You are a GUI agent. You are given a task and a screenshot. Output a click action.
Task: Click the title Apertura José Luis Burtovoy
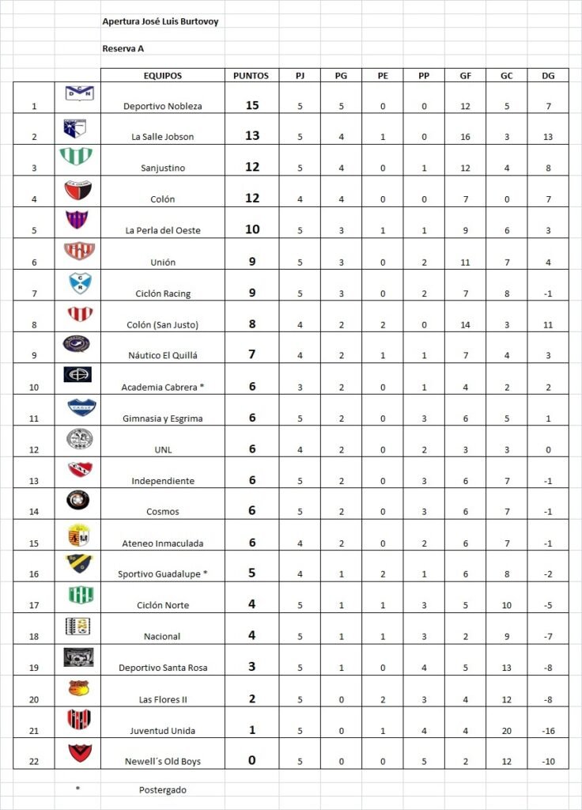pyautogui.click(x=161, y=22)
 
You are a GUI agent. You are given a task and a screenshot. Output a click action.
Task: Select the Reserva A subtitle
pyautogui.click(x=123, y=48)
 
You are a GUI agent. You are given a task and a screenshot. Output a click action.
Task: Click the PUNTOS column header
pyautogui.click(x=251, y=76)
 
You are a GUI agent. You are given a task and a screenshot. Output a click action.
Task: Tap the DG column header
pyautogui.click(x=548, y=76)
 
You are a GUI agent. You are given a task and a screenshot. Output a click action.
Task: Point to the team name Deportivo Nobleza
pyautogui.click(x=163, y=106)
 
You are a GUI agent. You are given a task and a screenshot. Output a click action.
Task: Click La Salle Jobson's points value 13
pyautogui.click(x=252, y=136)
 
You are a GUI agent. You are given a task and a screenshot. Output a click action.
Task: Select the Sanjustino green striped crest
pyautogui.click(x=77, y=157)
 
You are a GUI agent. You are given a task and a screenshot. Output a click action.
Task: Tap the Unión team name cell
pyautogui.click(x=163, y=262)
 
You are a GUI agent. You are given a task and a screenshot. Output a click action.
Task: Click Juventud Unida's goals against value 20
pyautogui.click(x=506, y=731)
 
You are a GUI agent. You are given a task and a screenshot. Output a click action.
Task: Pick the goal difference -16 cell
pyautogui.click(x=548, y=731)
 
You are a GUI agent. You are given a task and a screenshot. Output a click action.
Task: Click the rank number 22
pyautogui.click(x=33, y=762)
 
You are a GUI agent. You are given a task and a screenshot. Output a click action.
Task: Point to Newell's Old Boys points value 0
pyautogui.click(x=252, y=760)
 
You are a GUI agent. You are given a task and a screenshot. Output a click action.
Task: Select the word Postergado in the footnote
pyautogui.click(x=163, y=789)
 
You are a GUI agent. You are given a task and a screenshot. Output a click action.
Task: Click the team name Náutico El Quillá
pyautogui.click(x=163, y=356)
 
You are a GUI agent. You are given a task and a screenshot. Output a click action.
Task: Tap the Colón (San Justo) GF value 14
pyautogui.click(x=465, y=324)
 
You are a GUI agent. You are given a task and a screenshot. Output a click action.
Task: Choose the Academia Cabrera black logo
pyautogui.click(x=77, y=374)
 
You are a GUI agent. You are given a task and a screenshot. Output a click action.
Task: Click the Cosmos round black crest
pyautogui.click(x=77, y=499)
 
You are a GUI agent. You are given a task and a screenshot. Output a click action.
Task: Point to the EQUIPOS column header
pyautogui.click(x=163, y=76)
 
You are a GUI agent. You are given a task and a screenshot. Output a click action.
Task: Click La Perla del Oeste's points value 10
pyautogui.click(x=252, y=229)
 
